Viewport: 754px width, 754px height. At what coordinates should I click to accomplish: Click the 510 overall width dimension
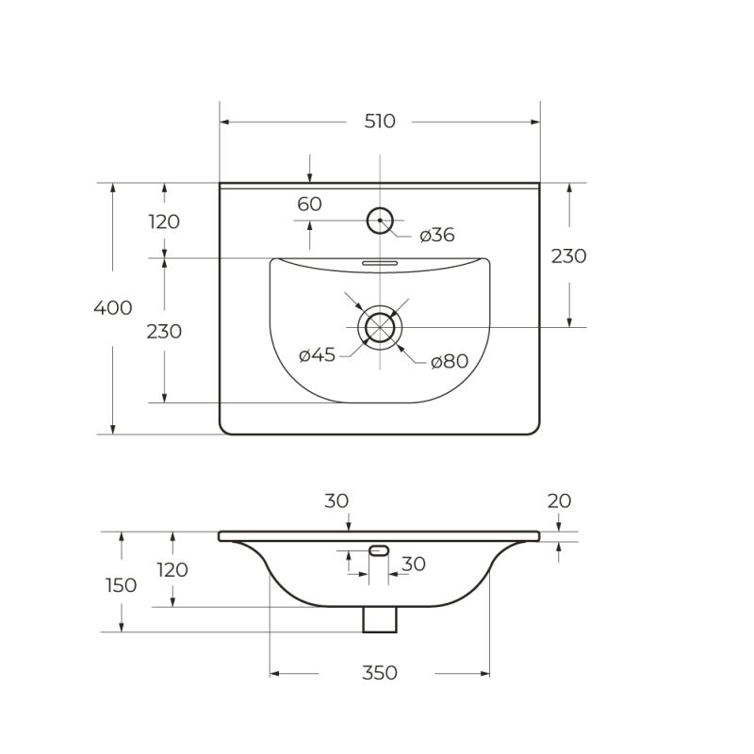(380, 122)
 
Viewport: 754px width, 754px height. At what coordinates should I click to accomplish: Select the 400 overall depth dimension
(113, 308)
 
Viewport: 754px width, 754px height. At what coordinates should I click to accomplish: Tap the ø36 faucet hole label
(437, 235)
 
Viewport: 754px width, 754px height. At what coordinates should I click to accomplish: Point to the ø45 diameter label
(318, 355)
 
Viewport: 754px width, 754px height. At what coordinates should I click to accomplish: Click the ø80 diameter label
(450, 361)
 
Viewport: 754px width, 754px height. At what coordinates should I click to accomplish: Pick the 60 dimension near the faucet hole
(310, 205)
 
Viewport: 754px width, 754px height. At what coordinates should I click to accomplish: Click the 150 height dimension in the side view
(121, 585)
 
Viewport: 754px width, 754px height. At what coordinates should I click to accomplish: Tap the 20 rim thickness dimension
(559, 501)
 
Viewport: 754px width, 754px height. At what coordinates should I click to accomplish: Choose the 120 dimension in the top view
(164, 222)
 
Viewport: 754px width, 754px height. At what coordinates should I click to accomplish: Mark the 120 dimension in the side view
(172, 570)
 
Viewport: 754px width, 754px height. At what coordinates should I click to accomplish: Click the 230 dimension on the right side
(568, 256)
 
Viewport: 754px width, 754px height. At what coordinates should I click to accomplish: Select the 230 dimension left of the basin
(164, 332)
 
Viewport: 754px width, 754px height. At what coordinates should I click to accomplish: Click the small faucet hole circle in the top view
(379, 221)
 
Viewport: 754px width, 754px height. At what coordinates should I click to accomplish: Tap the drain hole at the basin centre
(380, 327)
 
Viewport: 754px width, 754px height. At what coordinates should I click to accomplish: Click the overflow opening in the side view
(380, 549)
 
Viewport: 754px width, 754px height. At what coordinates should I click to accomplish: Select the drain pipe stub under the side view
(380, 619)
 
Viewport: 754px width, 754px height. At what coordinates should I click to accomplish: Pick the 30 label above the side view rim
(337, 501)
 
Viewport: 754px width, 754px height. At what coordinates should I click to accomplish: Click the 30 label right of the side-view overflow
(414, 565)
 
